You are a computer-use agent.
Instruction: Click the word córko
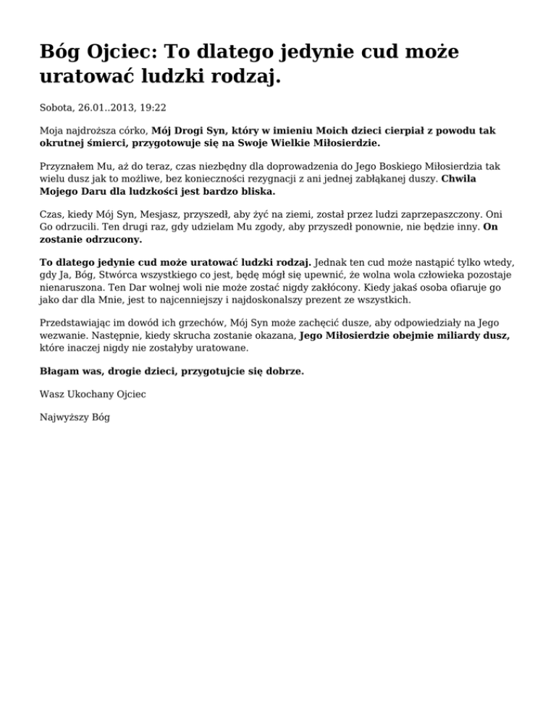pyautogui.click(x=130, y=131)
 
